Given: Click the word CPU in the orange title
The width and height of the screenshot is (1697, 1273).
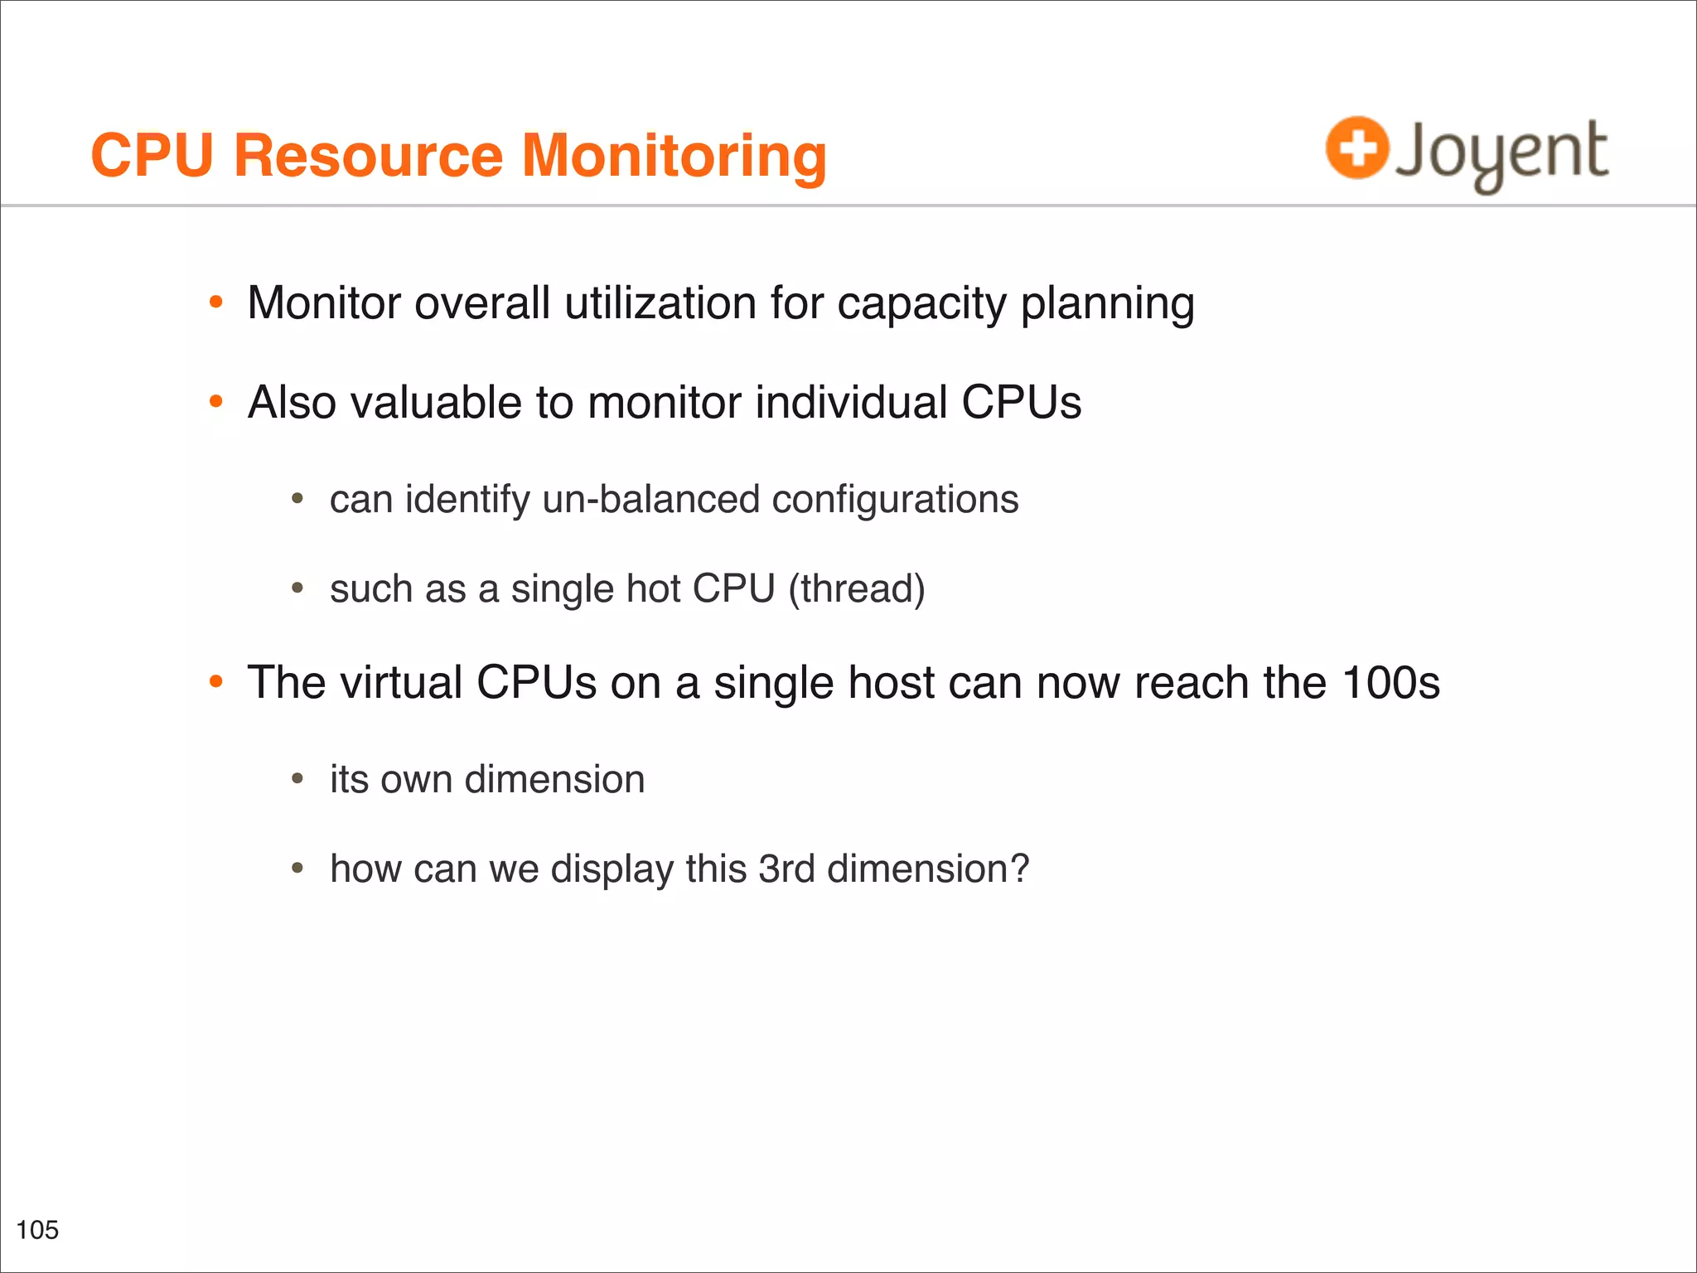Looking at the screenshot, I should tap(152, 156).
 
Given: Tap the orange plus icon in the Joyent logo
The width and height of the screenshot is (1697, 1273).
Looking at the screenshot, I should tap(1356, 148).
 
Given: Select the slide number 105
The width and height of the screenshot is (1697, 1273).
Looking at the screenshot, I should tap(37, 1230).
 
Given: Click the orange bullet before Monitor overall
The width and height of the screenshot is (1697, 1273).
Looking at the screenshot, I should tap(216, 303).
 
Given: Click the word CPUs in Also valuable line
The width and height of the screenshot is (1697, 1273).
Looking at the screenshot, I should tap(1021, 403).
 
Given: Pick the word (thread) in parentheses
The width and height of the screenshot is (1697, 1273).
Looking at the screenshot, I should tap(856, 589).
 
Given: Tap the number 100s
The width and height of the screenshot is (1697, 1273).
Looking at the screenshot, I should tap(1390, 683).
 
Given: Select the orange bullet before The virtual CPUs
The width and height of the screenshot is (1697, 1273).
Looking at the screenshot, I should tap(216, 682).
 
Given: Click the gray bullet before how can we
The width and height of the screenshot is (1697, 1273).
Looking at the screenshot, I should tap(297, 869).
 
